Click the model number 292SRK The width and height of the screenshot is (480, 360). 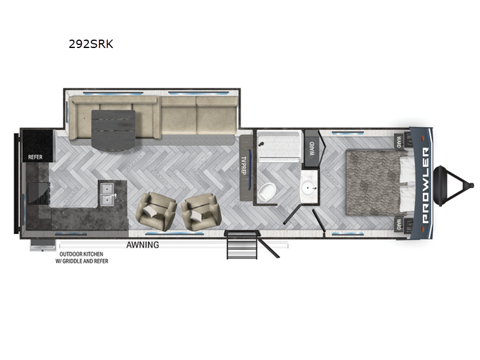(x=92, y=44)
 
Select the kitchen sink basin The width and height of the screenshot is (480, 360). (x=109, y=191)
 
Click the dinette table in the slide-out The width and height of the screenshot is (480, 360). (x=114, y=125)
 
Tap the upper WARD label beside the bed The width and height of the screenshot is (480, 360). (x=399, y=142)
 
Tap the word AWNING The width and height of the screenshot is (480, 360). (x=142, y=245)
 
